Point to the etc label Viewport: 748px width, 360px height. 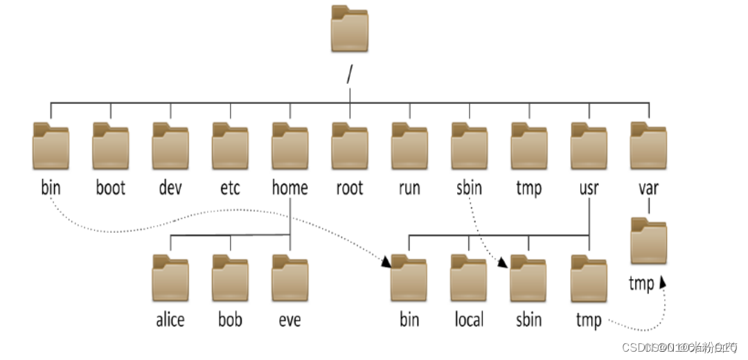(x=230, y=188)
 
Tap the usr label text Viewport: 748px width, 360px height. (x=589, y=188)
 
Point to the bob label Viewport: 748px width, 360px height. (x=230, y=320)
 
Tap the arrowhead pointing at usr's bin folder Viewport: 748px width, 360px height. (x=386, y=261)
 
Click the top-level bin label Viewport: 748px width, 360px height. (x=51, y=188)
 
